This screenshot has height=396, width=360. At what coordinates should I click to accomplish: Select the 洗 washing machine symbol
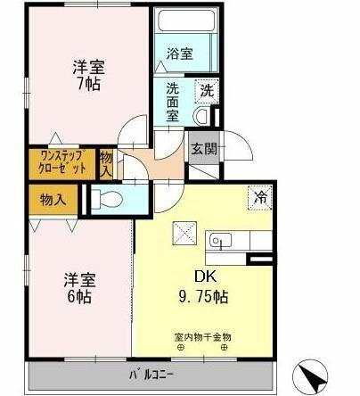pyautogui.click(x=207, y=89)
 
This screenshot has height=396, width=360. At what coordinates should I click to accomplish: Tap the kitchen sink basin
pyautogui.click(x=219, y=240)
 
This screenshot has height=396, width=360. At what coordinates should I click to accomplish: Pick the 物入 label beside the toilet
pyautogui.click(x=53, y=198)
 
